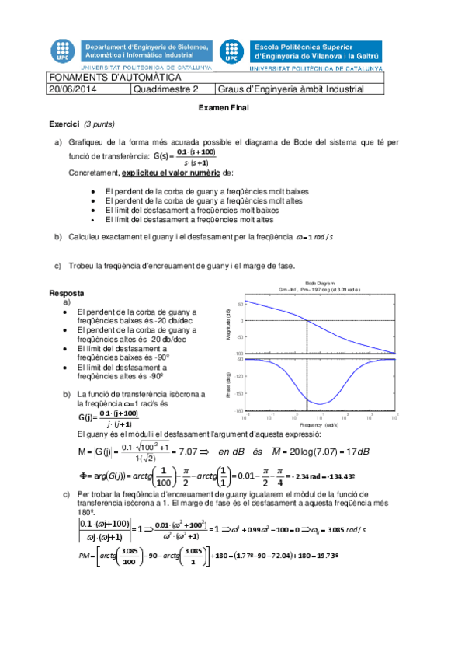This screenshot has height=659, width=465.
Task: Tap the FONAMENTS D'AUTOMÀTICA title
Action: (x=115, y=78)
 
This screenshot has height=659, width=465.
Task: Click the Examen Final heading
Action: (x=223, y=108)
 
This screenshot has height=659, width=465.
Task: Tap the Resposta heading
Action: (x=67, y=294)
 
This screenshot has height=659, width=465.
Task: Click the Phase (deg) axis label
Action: (x=229, y=385)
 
